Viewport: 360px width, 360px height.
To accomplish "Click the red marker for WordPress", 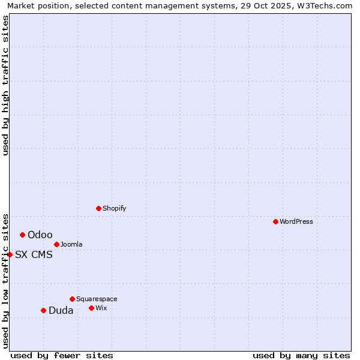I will pos(275,221).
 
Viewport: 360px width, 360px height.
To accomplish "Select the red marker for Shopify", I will pos(98,208).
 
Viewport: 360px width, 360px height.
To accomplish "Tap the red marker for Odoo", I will pos(22,235).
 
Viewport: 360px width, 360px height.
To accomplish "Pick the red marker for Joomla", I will pos(56,244).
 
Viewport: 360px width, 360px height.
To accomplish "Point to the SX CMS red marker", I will pos(10,254).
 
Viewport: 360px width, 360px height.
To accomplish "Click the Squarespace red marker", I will pos(72,299).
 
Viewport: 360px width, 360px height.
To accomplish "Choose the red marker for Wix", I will pos(91,308).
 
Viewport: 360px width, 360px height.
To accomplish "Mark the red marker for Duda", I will pos(43,310).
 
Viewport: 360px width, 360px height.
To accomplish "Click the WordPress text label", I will pos(296,221).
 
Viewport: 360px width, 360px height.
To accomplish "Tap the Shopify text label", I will pos(114,208).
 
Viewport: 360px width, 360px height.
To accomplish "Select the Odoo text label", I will pos(40,235).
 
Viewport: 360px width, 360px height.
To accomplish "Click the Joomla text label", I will pos(71,244).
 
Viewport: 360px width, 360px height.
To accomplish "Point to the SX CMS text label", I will pos(34,254).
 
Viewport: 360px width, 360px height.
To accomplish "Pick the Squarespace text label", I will pos(97,299).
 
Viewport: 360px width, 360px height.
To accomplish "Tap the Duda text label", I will pos(61,310).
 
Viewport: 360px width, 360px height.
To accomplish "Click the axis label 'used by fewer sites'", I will pos(62,355).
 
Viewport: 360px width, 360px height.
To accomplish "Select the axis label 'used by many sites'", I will pos(301,355).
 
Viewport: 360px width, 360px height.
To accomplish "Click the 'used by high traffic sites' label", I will pos(5,85).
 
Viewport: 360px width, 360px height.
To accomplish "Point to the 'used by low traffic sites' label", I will pos(5,280).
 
